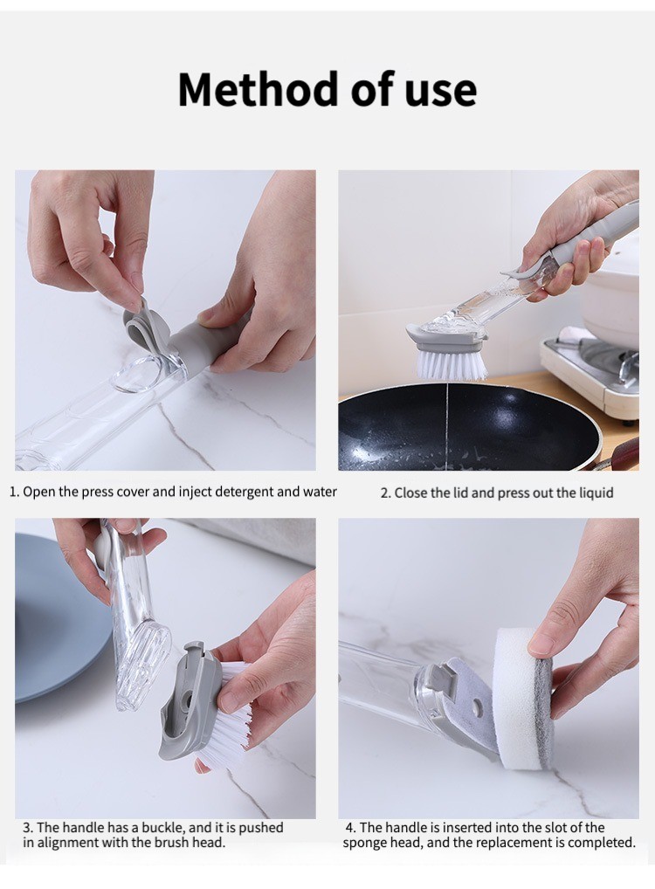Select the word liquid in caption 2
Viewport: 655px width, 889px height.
click(x=594, y=493)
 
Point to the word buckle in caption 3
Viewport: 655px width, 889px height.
click(x=162, y=827)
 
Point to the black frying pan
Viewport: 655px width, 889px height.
click(x=469, y=428)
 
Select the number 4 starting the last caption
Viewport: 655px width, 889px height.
click(x=349, y=828)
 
